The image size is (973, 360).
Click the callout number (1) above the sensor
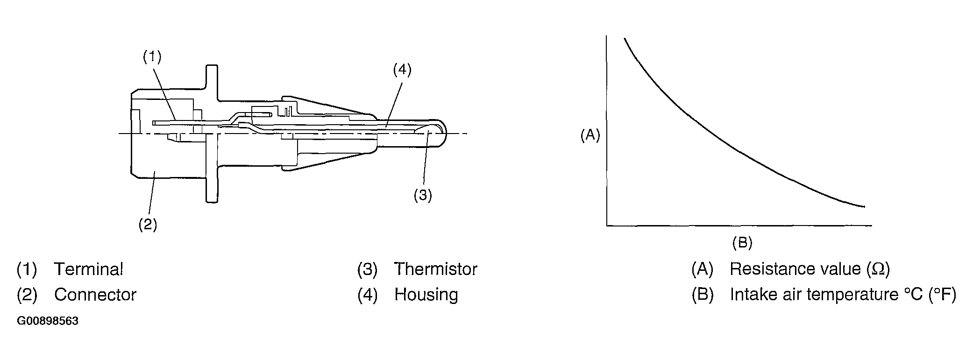tap(152, 57)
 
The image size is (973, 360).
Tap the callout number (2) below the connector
tap(148, 225)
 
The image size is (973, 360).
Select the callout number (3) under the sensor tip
tap(423, 195)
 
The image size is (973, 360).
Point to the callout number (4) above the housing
tap(402, 70)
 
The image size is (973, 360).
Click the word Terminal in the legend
tap(89, 269)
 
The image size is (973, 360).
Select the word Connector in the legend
tap(95, 295)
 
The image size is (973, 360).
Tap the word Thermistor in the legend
tap(435, 269)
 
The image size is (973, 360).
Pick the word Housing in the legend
tap(426, 295)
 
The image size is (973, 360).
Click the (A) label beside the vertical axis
tap(590, 135)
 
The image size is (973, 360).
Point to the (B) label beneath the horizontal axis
tap(742, 242)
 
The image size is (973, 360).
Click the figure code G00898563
tap(48, 322)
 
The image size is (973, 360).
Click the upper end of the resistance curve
tap(625, 38)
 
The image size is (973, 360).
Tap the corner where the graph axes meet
tap(607, 226)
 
